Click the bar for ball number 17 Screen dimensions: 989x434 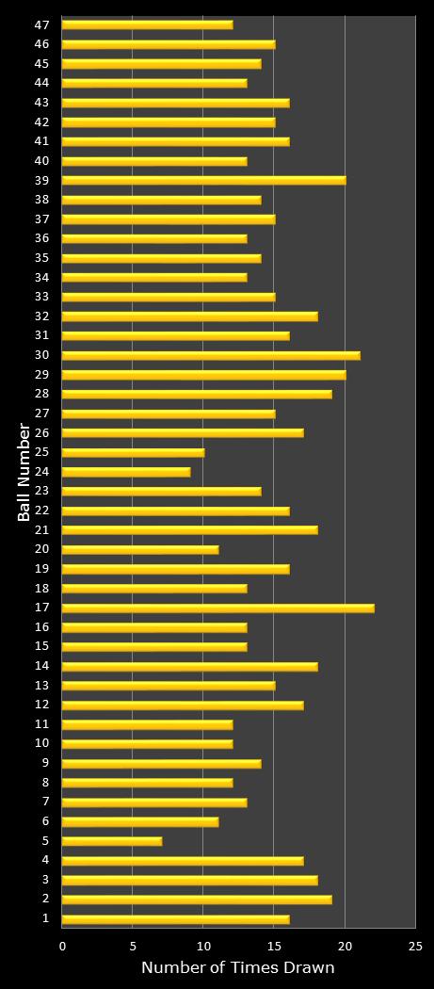(217, 608)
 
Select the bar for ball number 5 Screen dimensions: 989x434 (112, 841)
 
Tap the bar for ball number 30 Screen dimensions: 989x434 (211, 355)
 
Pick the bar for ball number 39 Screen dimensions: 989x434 (203, 180)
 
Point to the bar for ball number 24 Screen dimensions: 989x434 (126, 472)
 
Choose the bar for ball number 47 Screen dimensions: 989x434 (147, 24)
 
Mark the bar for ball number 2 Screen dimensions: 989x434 (197, 900)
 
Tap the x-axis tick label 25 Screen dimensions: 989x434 (415, 946)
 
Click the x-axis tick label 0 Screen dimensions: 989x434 (63, 946)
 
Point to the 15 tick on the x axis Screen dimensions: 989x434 (274, 946)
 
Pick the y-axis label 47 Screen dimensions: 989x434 (42, 24)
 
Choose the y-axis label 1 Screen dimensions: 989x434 (45, 918)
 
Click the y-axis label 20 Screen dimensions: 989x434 (42, 549)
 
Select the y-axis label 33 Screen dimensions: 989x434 (42, 297)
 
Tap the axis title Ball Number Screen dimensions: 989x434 (24, 471)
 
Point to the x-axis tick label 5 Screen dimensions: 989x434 (133, 946)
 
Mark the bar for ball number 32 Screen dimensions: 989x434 (189, 316)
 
